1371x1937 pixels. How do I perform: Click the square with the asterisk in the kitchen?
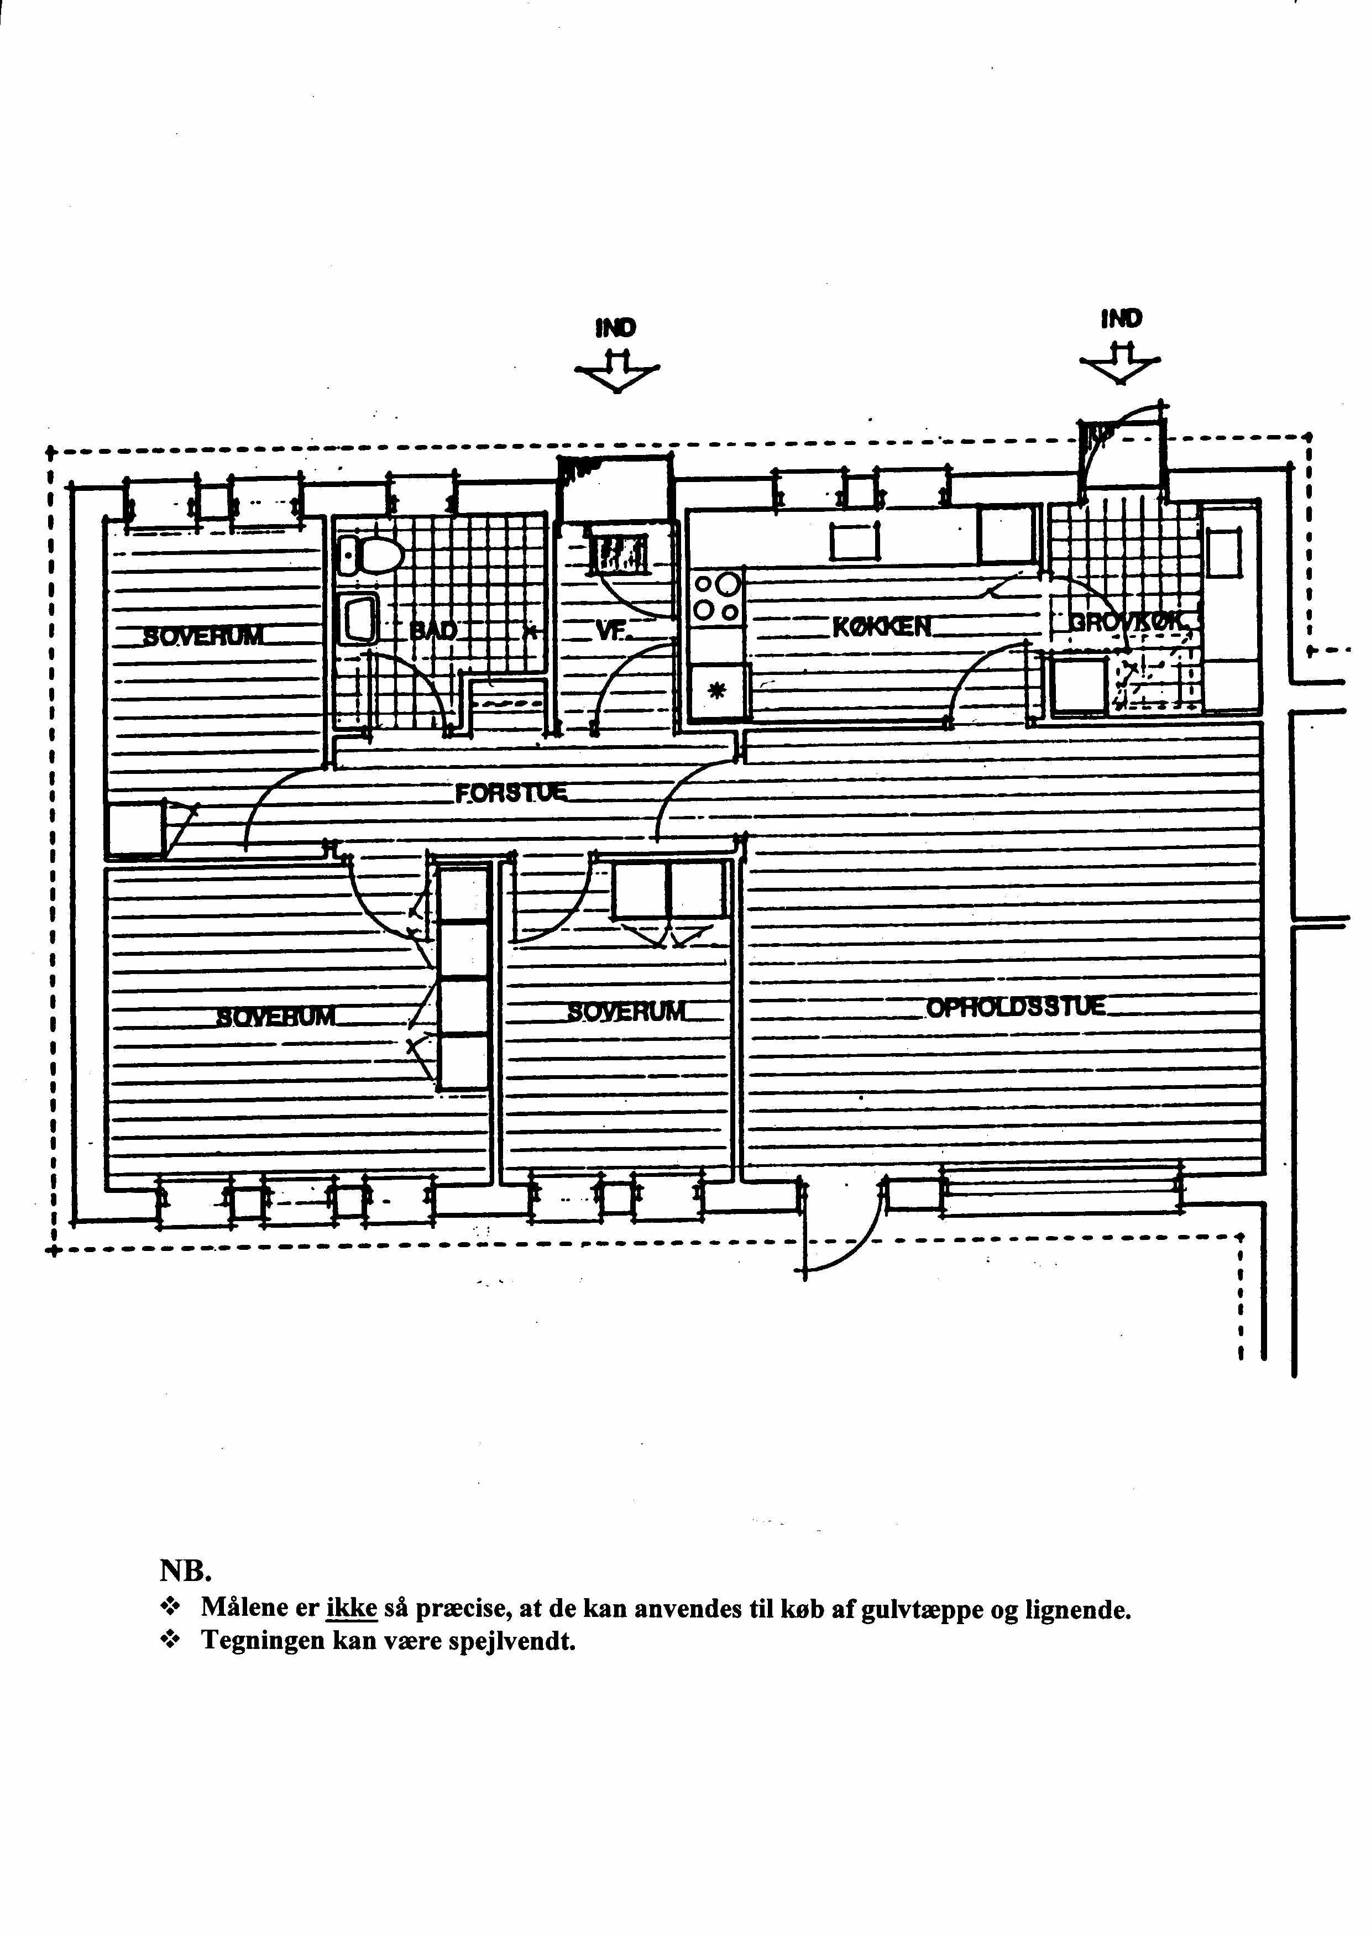717,692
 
